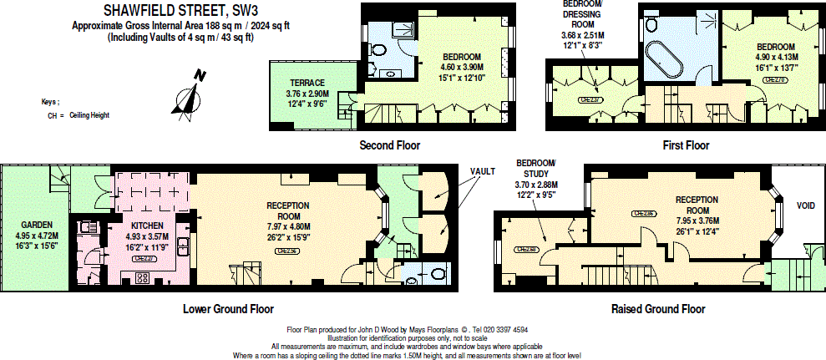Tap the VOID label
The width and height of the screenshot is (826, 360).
click(x=806, y=205)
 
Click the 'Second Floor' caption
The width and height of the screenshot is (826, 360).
click(x=389, y=145)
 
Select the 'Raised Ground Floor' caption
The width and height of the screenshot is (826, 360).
click(x=658, y=308)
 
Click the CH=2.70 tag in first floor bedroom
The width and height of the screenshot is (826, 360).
click(x=775, y=80)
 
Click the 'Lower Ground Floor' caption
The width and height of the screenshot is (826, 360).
click(x=228, y=308)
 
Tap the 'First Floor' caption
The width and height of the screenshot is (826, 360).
click(x=686, y=145)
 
